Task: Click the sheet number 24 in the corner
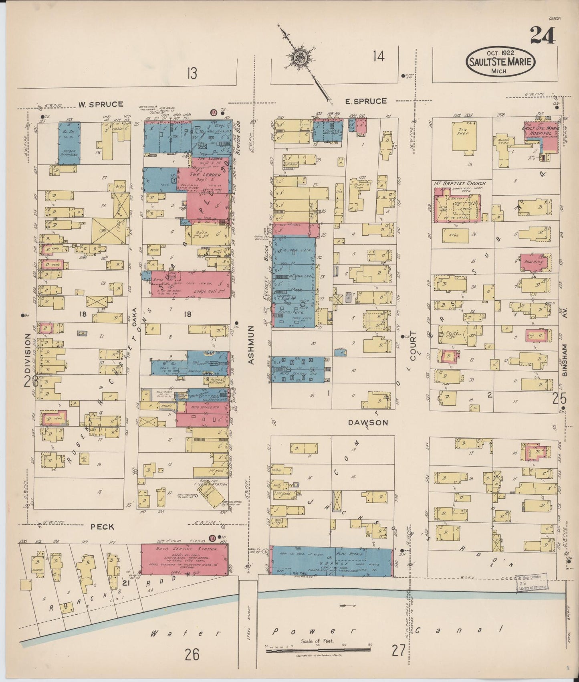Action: click(543, 35)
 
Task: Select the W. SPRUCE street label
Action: click(100, 104)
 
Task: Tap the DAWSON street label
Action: click(367, 423)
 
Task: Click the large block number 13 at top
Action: click(192, 73)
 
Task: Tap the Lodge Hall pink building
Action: click(190, 284)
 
